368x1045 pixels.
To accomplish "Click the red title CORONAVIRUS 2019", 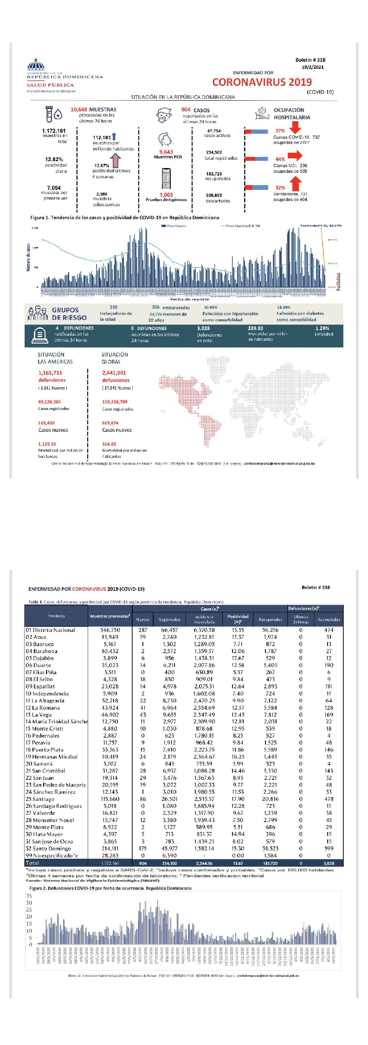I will pos(262,82).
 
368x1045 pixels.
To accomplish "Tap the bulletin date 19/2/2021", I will pos(312,67).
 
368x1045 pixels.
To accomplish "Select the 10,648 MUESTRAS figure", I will pos(93,110).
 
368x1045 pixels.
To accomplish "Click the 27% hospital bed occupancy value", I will pos(280,131).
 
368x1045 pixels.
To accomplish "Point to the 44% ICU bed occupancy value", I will pos(280,159).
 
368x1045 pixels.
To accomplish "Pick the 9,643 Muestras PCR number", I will pos(166,152).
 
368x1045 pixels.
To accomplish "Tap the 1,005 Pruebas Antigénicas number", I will pos(166,195).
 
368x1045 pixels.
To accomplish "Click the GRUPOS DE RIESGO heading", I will pos(69,314).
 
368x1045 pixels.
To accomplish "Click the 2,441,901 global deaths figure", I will pos(114,373).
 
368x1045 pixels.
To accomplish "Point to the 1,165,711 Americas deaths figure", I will pos(50,373).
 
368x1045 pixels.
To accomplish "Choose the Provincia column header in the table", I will pos(56,616).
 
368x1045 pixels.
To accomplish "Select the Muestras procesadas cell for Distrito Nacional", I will pos(110,630).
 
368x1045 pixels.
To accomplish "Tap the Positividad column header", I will pos(238,618).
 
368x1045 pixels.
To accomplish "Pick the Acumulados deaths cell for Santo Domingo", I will pos(329,848).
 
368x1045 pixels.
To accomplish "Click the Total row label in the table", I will pos(32,863).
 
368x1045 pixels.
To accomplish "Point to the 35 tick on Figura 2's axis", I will pos(29,896).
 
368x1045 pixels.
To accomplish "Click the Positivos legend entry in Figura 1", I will pos(174,226).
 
